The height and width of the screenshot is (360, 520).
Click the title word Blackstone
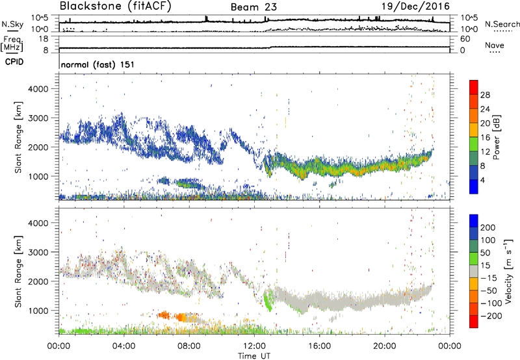87,6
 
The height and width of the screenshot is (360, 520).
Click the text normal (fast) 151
94,65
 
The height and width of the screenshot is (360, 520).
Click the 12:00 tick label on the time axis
254,344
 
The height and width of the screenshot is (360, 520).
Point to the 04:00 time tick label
124,344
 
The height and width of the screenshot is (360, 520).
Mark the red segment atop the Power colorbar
474,86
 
